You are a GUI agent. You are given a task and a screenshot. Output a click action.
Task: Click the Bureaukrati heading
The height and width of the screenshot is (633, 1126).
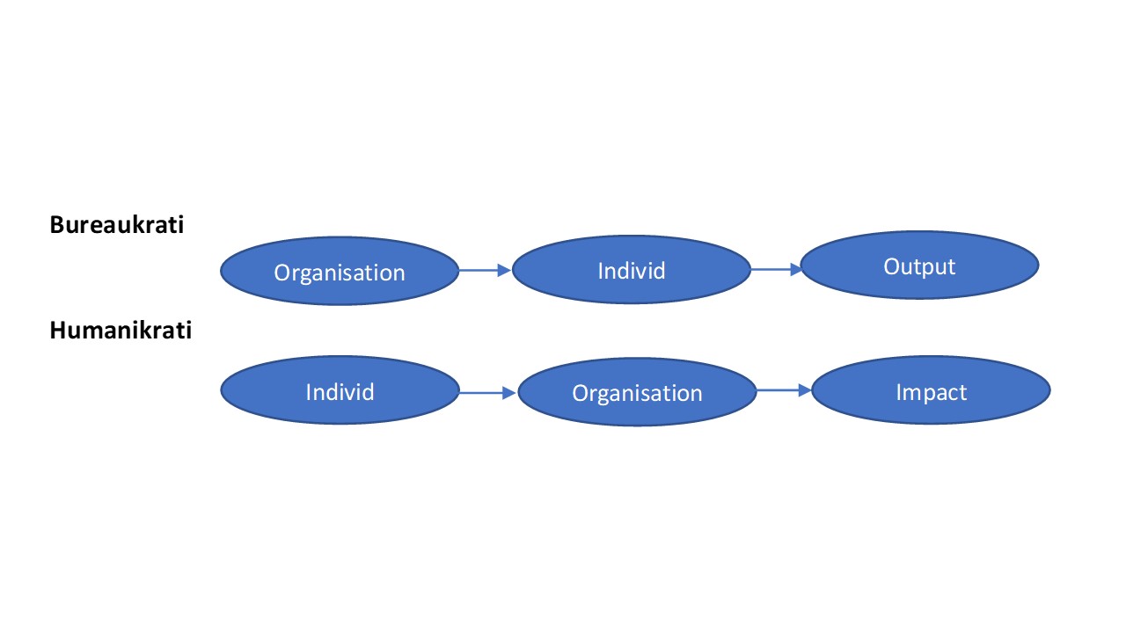pos(117,224)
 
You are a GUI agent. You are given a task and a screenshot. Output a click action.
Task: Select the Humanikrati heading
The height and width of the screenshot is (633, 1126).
pos(121,331)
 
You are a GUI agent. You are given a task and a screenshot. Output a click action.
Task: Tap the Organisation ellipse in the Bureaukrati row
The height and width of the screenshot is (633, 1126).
pos(340,272)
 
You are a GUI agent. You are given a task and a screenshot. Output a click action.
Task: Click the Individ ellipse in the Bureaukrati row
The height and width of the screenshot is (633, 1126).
pos(632,270)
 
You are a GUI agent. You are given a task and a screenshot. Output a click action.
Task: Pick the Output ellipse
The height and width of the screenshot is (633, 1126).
pos(919,266)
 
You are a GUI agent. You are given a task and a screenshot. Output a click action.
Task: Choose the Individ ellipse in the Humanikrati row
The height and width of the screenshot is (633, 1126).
pos(340,390)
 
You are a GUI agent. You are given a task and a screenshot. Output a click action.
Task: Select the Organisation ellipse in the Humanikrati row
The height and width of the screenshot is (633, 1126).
pos(637,392)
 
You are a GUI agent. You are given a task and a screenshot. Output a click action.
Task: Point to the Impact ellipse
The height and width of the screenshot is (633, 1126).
pos(931,390)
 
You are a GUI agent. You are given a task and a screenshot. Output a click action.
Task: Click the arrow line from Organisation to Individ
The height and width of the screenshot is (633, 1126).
pos(485,270)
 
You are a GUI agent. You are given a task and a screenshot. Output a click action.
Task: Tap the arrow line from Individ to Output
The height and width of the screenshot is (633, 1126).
pos(777,269)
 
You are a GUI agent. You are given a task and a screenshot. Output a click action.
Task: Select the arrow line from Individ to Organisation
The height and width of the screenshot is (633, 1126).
pos(487,392)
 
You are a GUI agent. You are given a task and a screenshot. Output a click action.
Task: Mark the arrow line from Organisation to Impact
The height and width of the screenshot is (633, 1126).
pos(784,389)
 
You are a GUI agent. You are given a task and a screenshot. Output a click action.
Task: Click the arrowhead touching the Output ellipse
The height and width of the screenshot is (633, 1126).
pos(796,269)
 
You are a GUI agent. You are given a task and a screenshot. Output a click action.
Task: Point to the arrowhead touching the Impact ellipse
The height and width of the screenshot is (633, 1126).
pos(805,389)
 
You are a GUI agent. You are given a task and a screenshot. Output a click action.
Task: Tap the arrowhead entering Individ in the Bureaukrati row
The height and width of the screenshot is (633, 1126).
pos(504,270)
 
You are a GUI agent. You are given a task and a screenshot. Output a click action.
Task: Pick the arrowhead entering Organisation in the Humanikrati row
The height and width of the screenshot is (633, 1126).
pos(509,392)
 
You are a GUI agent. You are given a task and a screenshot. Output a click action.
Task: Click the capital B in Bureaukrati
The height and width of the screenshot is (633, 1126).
pos(57,224)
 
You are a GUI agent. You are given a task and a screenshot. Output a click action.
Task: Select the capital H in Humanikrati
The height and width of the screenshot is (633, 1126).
pos(58,331)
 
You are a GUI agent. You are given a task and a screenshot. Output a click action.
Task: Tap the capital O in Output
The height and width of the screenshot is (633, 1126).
pos(892,266)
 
